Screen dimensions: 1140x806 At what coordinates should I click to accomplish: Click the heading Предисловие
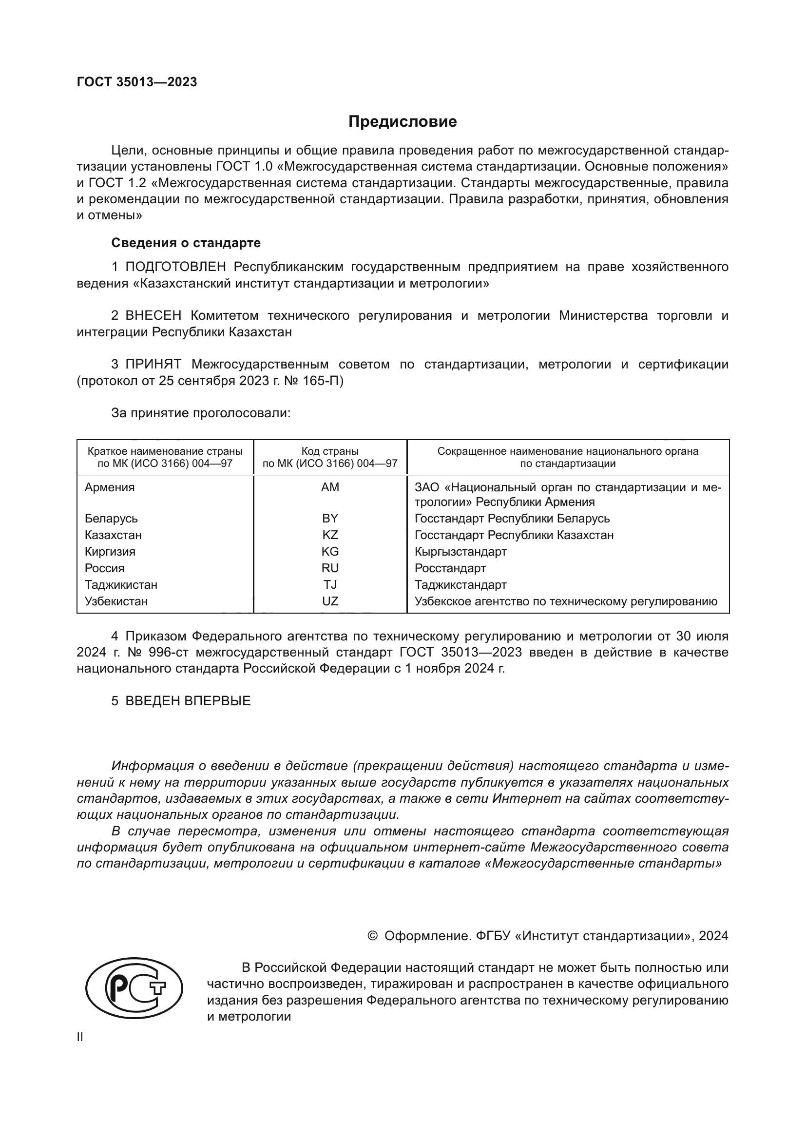(403, 122)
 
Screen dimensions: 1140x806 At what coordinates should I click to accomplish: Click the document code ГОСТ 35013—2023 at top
(137, 82)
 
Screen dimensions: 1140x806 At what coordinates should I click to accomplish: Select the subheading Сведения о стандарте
(186, 243)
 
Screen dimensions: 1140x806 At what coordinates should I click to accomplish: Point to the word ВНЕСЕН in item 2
(154, 316)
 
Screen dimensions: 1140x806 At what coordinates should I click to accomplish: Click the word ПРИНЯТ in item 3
(154, 365)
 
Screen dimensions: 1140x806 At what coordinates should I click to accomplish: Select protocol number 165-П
(323, 381)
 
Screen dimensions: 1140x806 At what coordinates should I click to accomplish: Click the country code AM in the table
(330, 487)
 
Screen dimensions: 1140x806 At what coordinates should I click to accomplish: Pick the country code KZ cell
(330, 535)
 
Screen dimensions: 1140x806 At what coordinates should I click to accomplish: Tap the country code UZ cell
(330, 601)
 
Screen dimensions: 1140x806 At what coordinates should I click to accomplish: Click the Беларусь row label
(111, 519)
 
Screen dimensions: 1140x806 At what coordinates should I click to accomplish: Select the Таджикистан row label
(121, 584)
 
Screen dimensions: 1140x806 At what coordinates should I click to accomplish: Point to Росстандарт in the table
(450, 568)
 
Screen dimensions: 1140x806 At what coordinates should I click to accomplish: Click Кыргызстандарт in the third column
(461, 552)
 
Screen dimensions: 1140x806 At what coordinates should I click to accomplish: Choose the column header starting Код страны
(330, 457)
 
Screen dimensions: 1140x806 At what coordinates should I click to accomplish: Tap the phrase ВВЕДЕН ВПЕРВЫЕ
(188, 700)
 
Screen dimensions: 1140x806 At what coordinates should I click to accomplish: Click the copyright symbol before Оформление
(373, 936)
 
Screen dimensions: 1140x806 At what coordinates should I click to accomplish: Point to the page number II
(80, 1037)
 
